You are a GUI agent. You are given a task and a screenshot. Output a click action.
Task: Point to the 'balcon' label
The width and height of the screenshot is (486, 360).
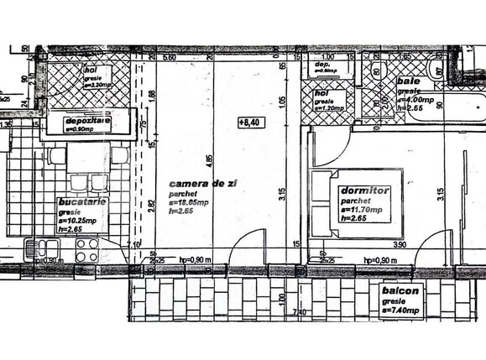pyautogui.click(x=397, y=291)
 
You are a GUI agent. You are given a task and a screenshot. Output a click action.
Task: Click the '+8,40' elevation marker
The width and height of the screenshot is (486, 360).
pyautogui.click(x=250, y=123)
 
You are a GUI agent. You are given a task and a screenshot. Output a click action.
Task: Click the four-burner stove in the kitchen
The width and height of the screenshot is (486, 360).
pyautogui.click(x=87, y=249)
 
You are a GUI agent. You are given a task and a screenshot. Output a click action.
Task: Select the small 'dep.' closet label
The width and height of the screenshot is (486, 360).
pyautogui.click(x=321, y=65)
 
